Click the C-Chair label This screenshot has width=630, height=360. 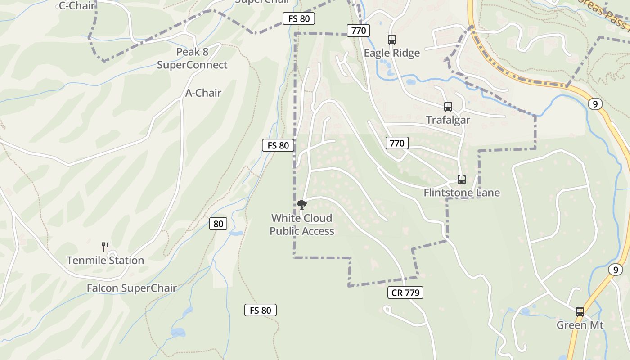click(77, 6)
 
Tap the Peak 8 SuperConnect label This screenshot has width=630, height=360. click(192, 58)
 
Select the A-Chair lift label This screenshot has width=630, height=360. click(203, 93)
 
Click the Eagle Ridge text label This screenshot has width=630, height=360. click(391, 53)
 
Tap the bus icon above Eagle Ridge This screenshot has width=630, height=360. click(392, 40)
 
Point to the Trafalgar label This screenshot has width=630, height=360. click(448, 120)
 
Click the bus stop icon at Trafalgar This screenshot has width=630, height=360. click(448, 107)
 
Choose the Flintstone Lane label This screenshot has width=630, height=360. click(462, 193)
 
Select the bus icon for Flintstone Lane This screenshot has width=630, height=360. click(462, 180)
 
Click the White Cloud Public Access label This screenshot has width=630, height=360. click(302, 225)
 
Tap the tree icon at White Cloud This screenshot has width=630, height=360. click(302, 205)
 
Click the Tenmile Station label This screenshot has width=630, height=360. click(105, 261)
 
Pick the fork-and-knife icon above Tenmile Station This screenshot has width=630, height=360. click(105, 247)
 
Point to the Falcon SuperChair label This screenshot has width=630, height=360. click(131, 288)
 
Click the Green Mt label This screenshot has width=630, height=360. click(580, 325)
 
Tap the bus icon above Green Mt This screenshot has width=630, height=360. click(580, 312)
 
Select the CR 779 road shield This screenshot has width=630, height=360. click(405, 293)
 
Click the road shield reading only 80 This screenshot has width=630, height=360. click(218, 224)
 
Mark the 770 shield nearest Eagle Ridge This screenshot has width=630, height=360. click(358, 31)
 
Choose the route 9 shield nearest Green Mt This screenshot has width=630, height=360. click(615, 270)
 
